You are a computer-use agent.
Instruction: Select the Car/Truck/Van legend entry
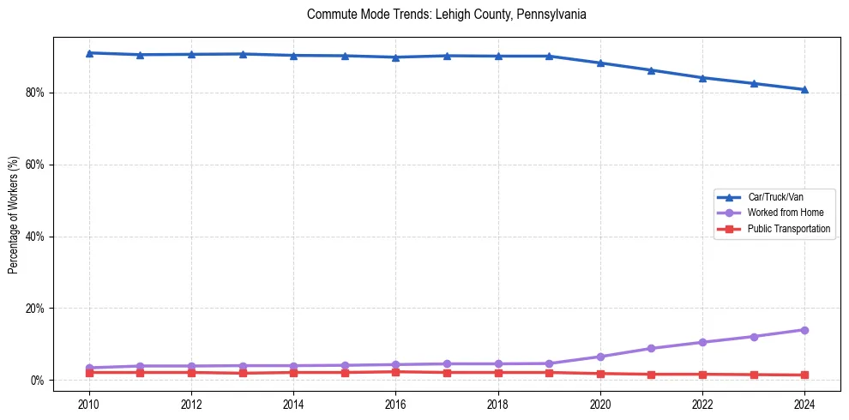(774, 197)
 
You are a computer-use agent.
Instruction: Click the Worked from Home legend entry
(785, 213)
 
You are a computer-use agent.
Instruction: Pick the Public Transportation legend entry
(788, 229)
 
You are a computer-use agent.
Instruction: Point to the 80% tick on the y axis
(37, 93)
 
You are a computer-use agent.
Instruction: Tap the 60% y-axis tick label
(37, 165)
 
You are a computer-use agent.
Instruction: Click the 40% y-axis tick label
(37, 237)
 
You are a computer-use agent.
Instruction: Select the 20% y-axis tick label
(37, 309)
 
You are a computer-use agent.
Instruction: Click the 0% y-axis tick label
(39, 381)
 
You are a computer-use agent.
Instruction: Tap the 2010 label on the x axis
(89, 403)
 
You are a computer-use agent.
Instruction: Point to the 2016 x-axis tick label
(395, 403)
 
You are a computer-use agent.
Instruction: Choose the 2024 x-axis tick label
(804, 403)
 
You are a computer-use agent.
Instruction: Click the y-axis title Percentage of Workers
(14, 214)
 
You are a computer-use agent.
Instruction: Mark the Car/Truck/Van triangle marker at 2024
(804, 89)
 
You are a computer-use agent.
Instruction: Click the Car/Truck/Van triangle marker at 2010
(89, 53)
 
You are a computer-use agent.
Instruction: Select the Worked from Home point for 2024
(804, 330)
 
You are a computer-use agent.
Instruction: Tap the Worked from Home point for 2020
(600, 357)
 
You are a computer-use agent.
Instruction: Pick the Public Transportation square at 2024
(804, 375)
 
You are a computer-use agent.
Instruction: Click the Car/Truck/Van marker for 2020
(600, 63)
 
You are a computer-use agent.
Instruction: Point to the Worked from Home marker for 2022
(702, 342)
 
